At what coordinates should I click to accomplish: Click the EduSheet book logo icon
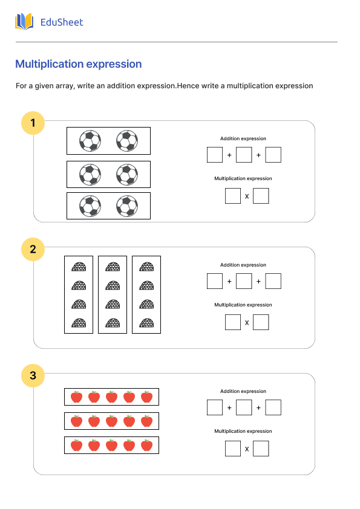point(24,22)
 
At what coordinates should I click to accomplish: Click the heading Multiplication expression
point(78,64)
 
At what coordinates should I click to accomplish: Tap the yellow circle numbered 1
point(33,124)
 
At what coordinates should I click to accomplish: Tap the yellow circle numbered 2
point(33,249)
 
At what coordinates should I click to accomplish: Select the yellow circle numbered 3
point(33,376)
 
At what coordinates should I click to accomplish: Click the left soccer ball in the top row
point(90,141)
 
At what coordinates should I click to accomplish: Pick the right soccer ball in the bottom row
point(126,206)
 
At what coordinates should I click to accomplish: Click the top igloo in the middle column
point(113,267)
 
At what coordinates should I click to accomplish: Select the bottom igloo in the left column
point(79,323)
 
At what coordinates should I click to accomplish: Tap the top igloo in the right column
point(146,267)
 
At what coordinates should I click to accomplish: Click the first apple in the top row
point(76,397)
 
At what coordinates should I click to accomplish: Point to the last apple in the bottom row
point(146,446)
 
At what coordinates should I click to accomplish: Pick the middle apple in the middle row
point(111,421)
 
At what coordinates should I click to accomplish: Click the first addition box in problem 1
point(214,155)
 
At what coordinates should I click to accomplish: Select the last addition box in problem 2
point(273,281)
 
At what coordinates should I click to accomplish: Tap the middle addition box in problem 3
point(244,407)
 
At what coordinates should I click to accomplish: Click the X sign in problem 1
point(246,196)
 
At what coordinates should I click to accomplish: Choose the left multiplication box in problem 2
point(232,323)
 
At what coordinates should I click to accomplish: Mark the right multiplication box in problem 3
point(261,449)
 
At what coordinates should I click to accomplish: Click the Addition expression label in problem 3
point(243,391)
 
